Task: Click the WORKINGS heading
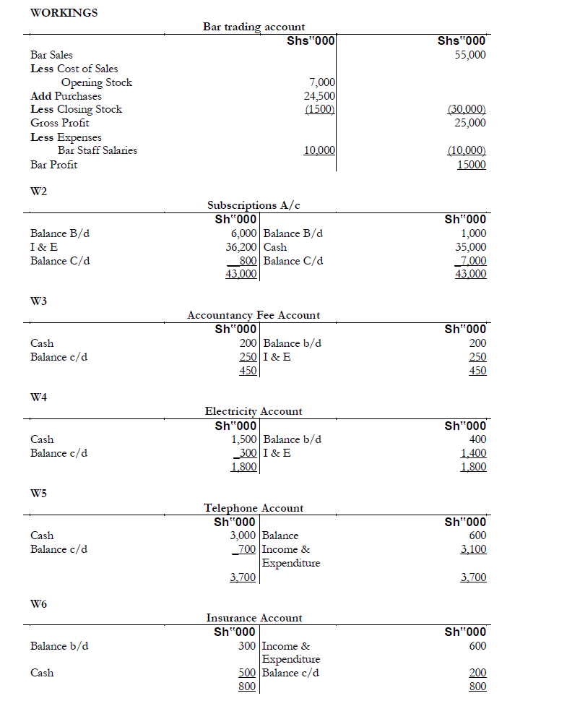[x=64, y=12]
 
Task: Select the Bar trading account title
[x=254, y=27]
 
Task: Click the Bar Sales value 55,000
[x=470, y=55]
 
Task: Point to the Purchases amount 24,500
[x=319, y=96]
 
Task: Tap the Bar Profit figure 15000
[x=471, y=165]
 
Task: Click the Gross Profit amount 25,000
[x=470, y=123]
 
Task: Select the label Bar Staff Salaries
[x=98, y=151]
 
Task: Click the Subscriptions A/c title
[x=254, y=205]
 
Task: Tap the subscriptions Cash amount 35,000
[x=472, y=247]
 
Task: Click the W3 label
[x=39, y=301]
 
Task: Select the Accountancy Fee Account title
[x=254, y=315]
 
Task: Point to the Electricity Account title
[x=254, y=411]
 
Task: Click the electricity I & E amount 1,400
[x=473, y=453]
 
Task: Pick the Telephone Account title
[x=254, y=508]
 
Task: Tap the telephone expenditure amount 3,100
[x=473, y=549]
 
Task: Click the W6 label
[x=39, y=604]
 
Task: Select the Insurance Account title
[x=254, y=618]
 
